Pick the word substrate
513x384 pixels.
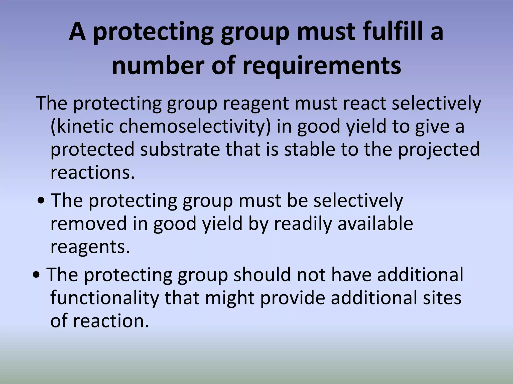tap(180, 149)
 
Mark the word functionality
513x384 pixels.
tap(105, 298)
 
